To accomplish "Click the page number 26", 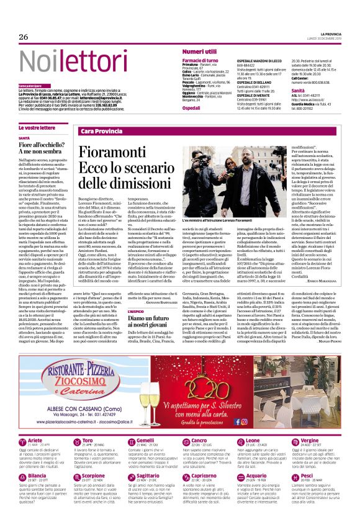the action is pos(24,37).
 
